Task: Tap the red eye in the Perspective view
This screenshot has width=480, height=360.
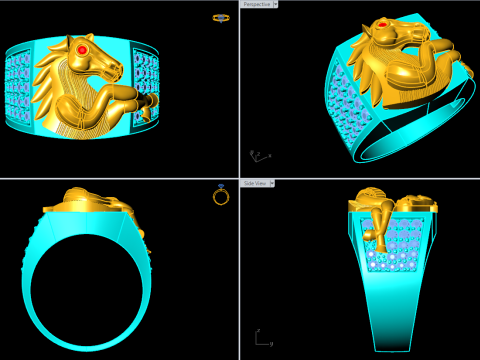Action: click(x=381, y=25)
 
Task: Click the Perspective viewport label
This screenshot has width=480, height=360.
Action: click(x=257, y=4)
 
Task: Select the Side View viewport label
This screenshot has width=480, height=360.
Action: click(x=255, y=184)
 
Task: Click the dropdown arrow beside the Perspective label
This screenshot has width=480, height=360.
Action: click(x=276, y=4)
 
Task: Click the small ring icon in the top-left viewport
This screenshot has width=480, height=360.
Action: click(x=221, y=17)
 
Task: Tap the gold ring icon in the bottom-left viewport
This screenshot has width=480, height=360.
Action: click(x=221, y=195)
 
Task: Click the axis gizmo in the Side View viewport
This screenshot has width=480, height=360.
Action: click(x=260, y=339)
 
